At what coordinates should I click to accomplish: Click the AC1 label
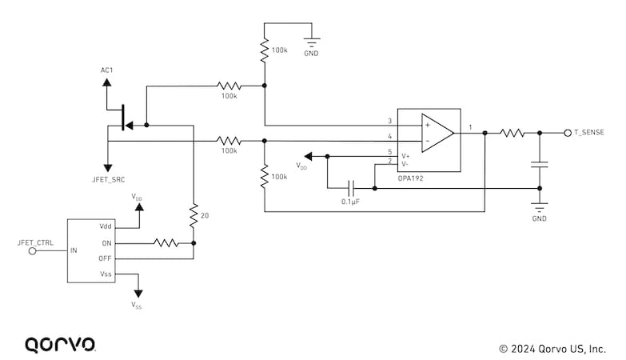(106, 70)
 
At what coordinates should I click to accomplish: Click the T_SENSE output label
(590, 132)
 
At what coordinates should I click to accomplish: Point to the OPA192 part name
(410, 178)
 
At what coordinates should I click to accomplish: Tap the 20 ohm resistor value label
(205, 216)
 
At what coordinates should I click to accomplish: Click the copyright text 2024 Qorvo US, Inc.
(552, 349)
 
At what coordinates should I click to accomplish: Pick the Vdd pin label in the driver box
(106, 227)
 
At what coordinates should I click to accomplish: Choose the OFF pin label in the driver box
(106, 258)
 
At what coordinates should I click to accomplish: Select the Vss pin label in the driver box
(106, 274)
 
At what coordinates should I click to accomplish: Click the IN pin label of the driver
(74, 250)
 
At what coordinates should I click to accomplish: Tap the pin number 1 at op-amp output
(470, 127)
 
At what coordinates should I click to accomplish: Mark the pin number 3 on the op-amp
(389, 121)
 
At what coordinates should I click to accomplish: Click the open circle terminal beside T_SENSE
(567, 133)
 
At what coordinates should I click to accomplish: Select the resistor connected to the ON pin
(165, 242)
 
